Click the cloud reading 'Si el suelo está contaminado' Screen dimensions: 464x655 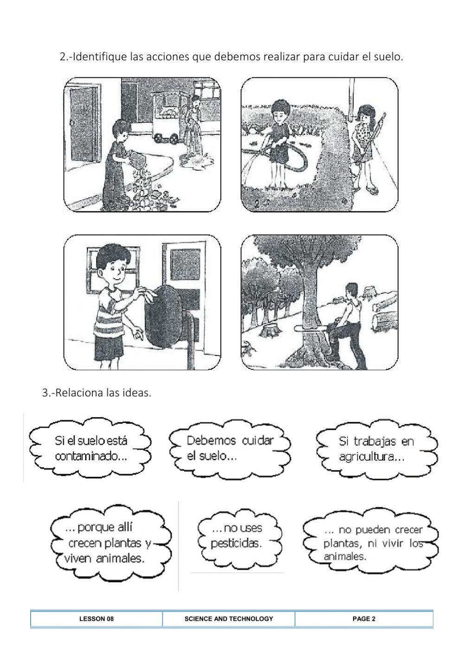coord(90,448)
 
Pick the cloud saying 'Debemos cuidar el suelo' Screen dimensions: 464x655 coord(230,449)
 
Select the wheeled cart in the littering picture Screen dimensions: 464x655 coord(168,117)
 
